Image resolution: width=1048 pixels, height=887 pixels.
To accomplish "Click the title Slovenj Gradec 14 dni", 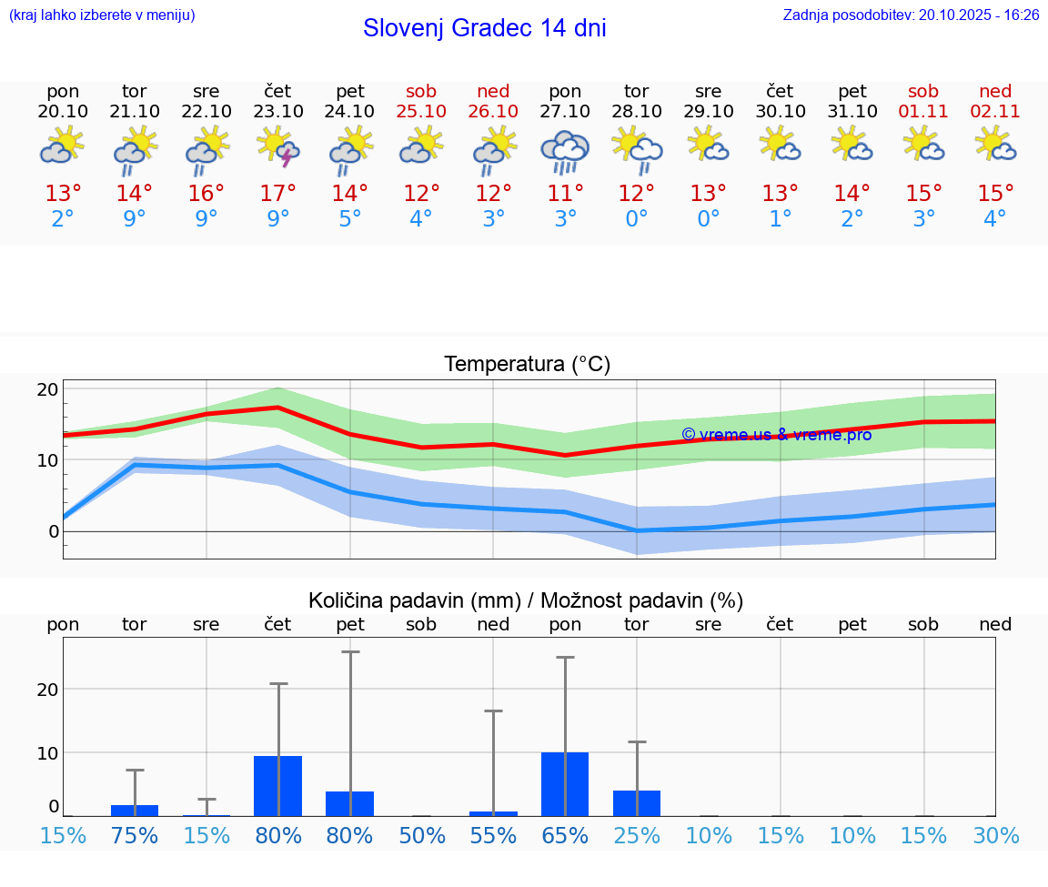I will coord(484,28).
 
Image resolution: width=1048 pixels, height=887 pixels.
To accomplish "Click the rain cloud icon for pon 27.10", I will coord(565,151).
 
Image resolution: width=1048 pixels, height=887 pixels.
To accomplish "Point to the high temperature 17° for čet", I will coord(278,193).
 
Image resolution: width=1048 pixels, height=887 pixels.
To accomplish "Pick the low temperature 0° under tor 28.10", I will coord(637,218).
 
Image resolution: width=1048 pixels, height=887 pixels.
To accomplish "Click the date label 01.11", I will coord(923,111).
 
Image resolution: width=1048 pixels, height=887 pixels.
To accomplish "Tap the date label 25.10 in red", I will coord(421,111).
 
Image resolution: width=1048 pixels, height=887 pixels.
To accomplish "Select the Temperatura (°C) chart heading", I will coord(527,365).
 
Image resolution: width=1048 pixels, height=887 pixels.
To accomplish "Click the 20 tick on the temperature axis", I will coord(47,389).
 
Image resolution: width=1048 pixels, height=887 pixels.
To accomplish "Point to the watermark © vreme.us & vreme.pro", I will coord(776,435).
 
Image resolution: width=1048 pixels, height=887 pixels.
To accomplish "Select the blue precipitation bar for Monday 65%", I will coord(565,783).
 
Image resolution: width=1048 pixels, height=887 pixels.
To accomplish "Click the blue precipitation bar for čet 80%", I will coord(277,785).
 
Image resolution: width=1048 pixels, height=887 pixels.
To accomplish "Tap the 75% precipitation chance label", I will coord(135,835).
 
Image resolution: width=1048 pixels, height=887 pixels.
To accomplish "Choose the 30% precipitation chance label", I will coord(995,835).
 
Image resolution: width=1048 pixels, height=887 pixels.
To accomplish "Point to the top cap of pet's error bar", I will coord(350,651).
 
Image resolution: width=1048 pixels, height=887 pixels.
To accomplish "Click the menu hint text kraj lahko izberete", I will coord(101,15).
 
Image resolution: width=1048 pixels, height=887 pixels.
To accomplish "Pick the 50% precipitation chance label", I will coord(421,835).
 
